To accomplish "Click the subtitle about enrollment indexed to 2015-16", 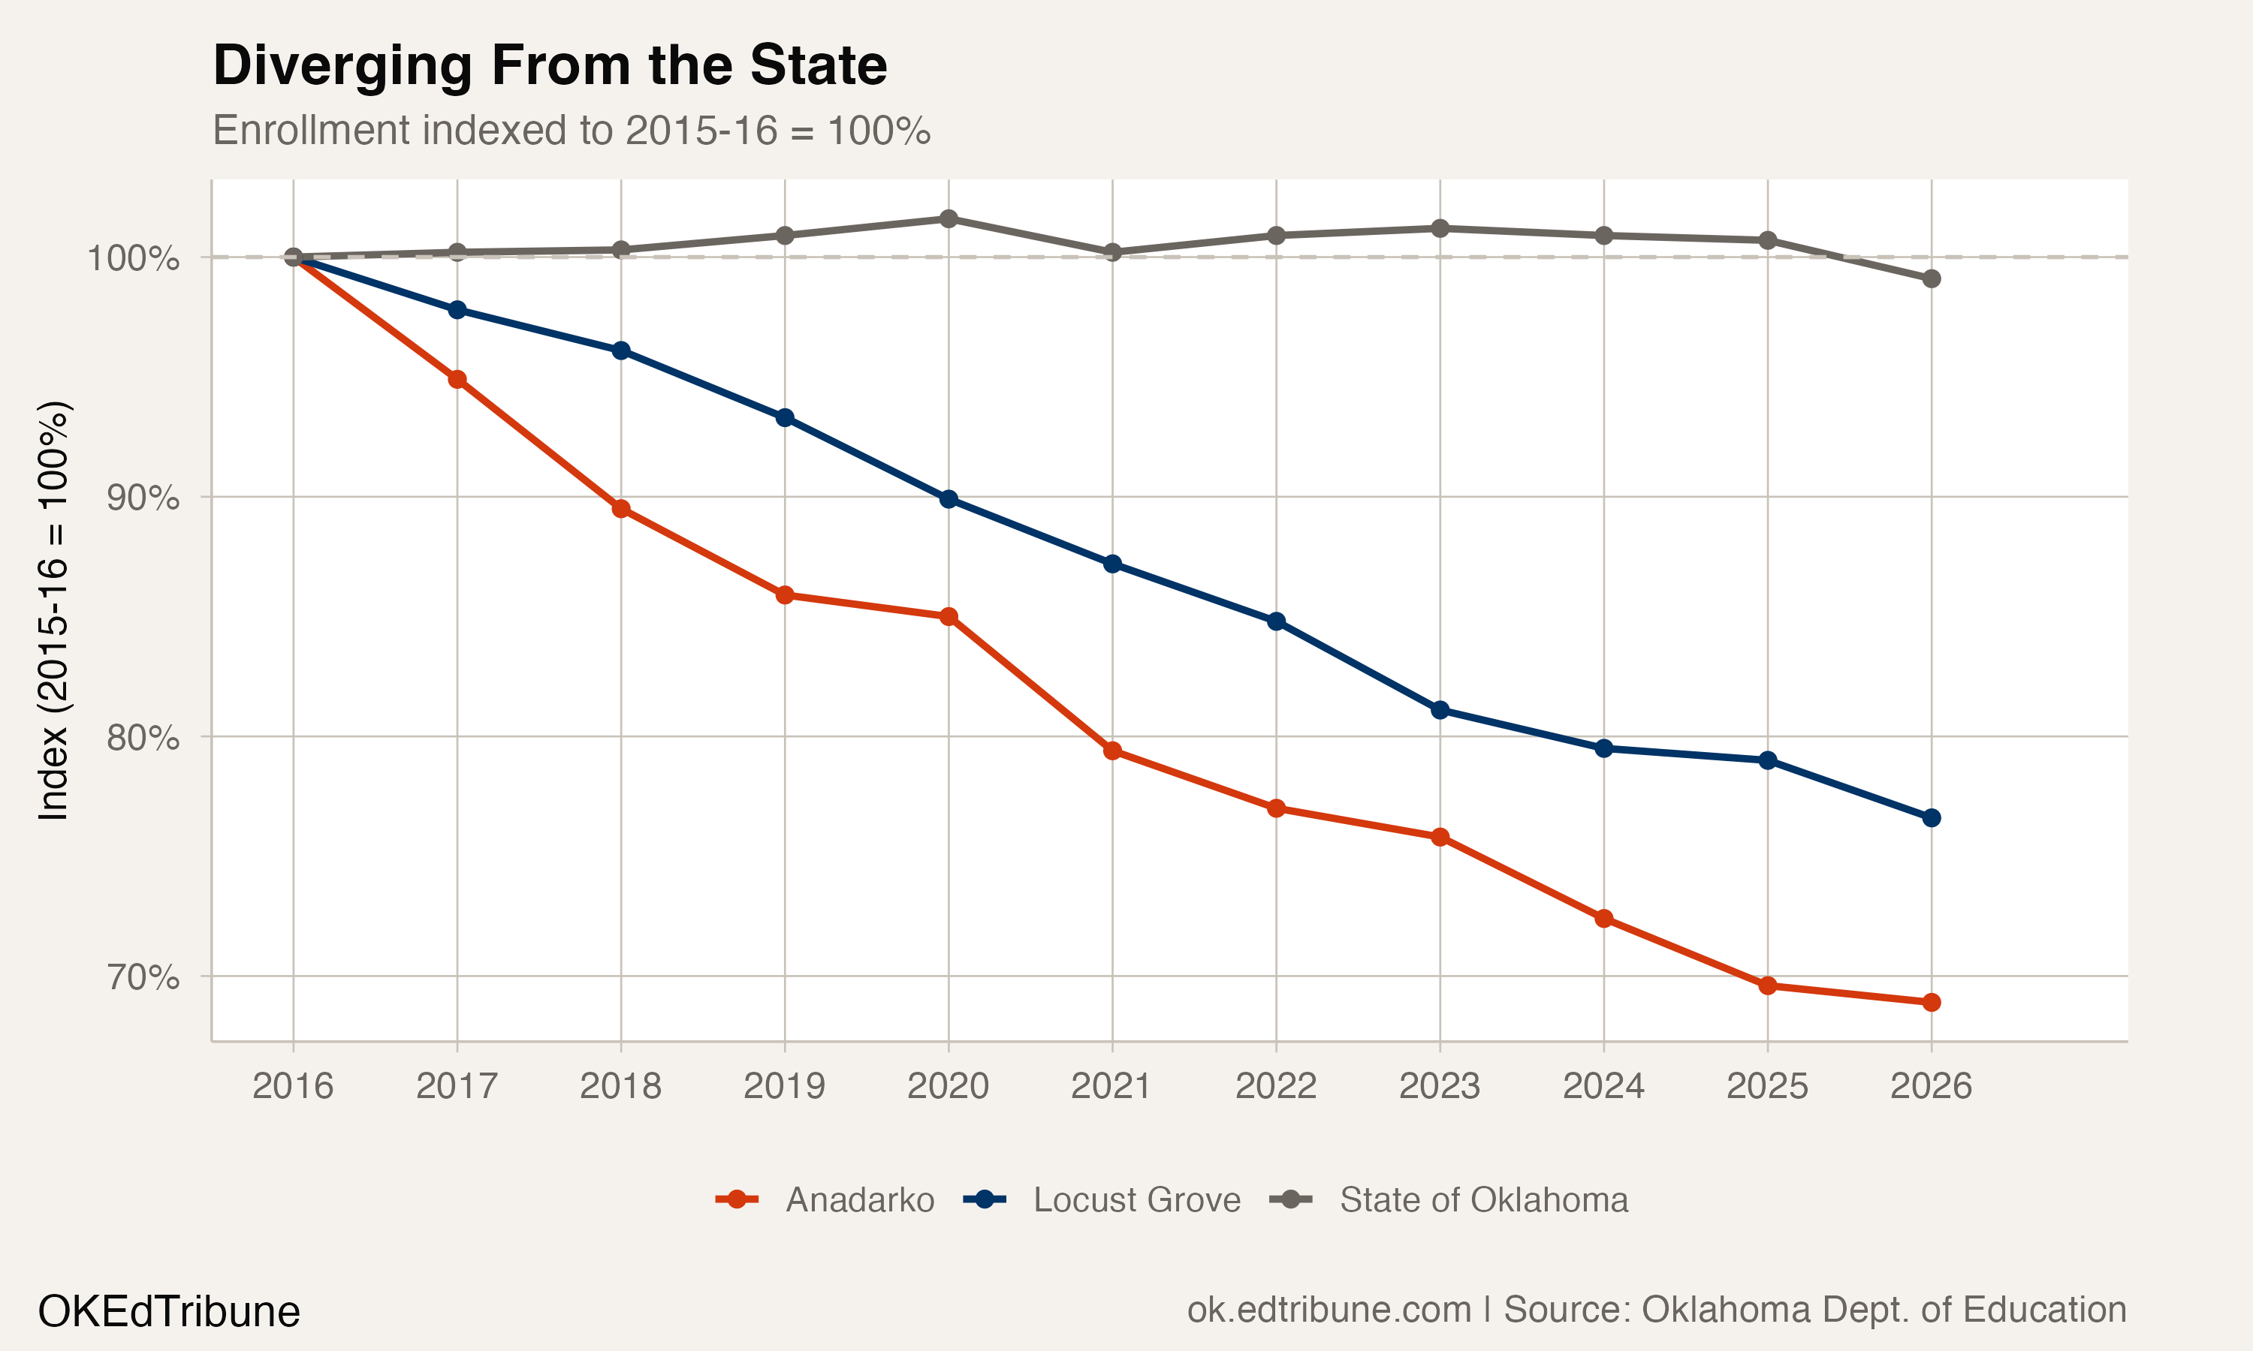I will (x=571, y=131).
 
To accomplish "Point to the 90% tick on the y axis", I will (x=143, y=498).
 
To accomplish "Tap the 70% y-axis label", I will (x=143, y=976).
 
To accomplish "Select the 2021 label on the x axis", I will (x=1111, y=1086).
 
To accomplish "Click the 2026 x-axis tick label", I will (x=1931, y=1086).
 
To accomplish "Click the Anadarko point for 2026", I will (x=1931, y=1002).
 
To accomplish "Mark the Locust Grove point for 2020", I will (x=948, y=499).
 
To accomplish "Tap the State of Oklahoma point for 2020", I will (x=948, y=218).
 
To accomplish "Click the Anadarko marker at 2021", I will (x=1112, y=751).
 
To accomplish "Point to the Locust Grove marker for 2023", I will (x=1440, y=710).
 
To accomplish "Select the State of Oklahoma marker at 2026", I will (x=1931, y=278).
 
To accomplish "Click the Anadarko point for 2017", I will (x=457, y=380).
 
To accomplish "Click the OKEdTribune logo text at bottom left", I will (x=168, y=1312).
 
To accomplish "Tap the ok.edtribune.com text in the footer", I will (x=1329, y=1310).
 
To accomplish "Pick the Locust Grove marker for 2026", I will (x=1931, y=818).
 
